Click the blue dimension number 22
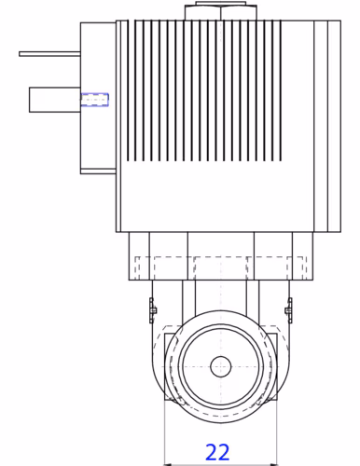pyautogui.click(x=217, y=452)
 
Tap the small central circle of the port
pyautogui.click(x=221, y=366)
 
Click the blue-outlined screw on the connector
pyautogui.click(x=95, y=100)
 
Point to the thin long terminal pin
pyautogui.click(x=49, y=54)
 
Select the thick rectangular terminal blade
pyautogui.click(x=55, y=100)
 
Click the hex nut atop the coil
pyautogui.click(x=221, y=11)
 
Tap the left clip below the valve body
pyautogui.click(x=152, y=310)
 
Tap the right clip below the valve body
pyautogui.click(x=289, y=310)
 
